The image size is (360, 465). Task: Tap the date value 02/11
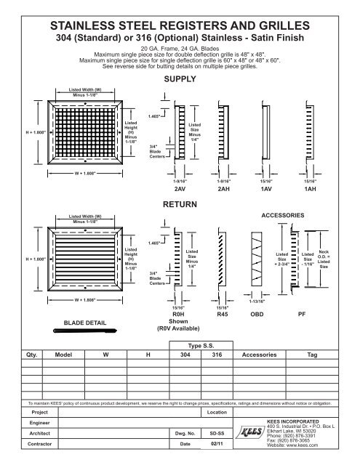click(x=216, y=442)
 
